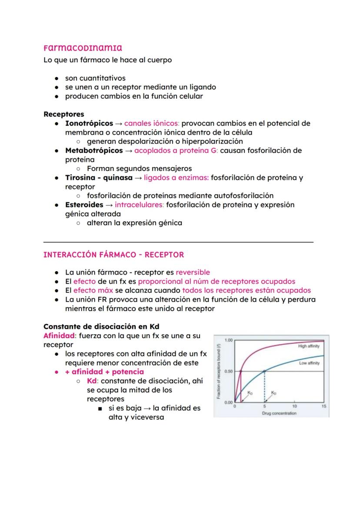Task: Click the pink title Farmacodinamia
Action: click(x=83, y=47)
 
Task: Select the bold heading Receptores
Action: click(x=64, y=114)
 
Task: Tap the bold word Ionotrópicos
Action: click(x=89, y=123)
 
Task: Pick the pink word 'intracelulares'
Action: click(x=139, y=205)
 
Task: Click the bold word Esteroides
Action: click(x=84, y=205)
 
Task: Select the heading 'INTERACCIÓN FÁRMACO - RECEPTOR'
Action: click(x=113, y=255)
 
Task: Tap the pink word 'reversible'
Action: click(x=193, y=272)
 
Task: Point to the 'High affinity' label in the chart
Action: click(x=309, y=346)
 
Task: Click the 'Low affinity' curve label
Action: click(x=309, y=363)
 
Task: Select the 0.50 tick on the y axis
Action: click(x=228, y=372)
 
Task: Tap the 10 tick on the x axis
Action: click(x=294, y=406)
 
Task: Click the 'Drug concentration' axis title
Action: click(x=279, y=413)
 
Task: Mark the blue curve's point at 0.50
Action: click(x=264, y=371)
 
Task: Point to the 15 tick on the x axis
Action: click(x=323, y=406)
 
